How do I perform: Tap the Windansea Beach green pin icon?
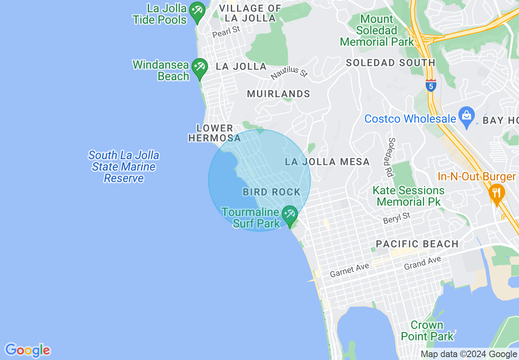pyautogui.click(x=199, y=68)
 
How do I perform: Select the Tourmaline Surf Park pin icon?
pyautogui.click(x=290, y=215)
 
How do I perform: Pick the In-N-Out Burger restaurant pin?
pyautogui.click(x=496, y=193)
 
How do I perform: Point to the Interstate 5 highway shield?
pyautogui.click(x=431, y=85)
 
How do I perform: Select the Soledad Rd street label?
pyautogui.click(x=391, y=157)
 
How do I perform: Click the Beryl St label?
pyautogui.click(x=396, y=218)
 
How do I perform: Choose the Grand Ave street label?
pyautogui.click(x=422, y=263)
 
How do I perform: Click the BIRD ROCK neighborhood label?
pyautogui.click(x=272, y=192)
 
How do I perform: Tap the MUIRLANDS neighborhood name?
pyautogui.click(x=279, y=94)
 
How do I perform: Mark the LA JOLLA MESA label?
pyautogui.click(x=327, y=162)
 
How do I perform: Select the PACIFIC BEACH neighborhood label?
pyautogui.click(x=417, y=244)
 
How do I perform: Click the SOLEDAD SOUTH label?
pyautogui.click(x=390, y=63)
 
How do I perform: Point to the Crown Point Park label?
pyautogui.click(x=427, y=331)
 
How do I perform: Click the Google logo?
pyautogui.click(x=27, y=350)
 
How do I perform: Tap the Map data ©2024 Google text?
pyautogui.click(x=469, y=354)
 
